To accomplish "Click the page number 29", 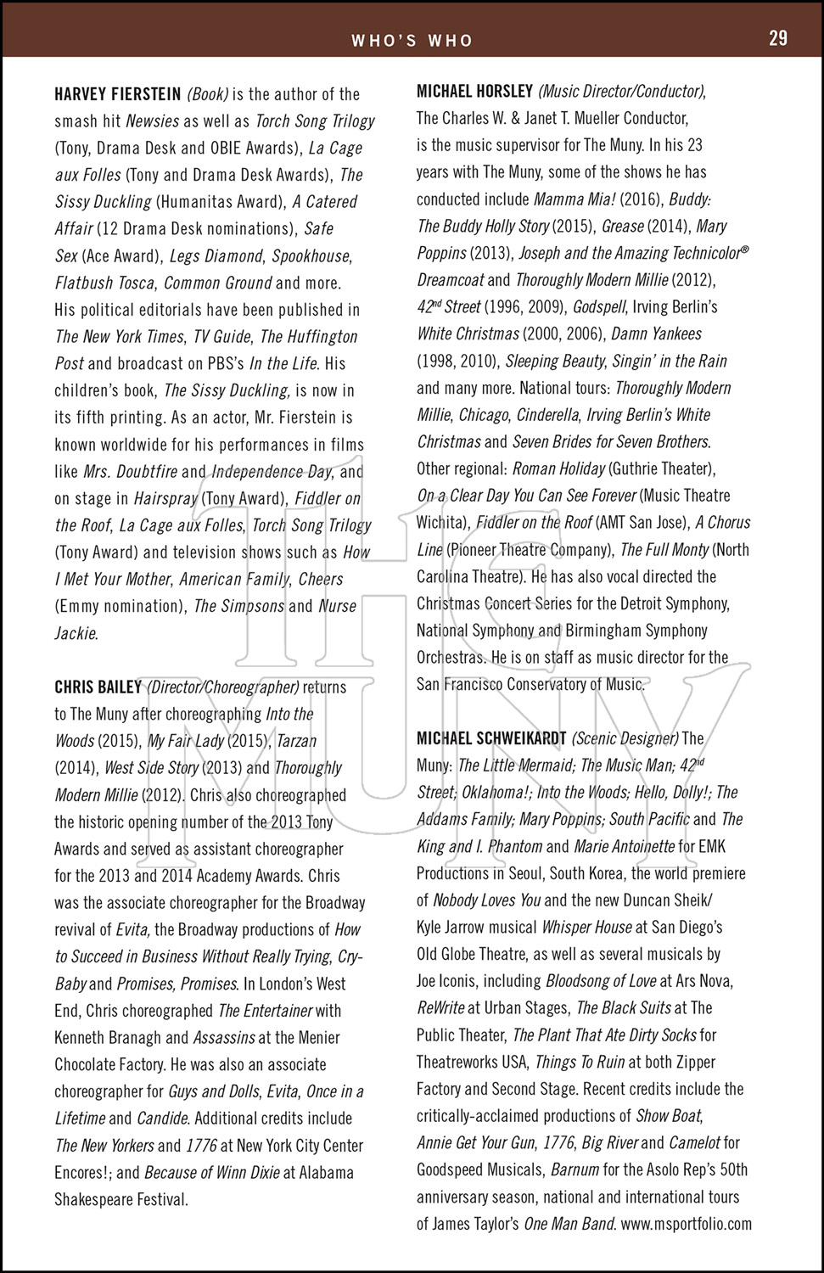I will [x=777, y=38].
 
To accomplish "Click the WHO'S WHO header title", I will [x=412, y=40].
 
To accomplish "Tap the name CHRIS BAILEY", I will [x=98, y=687].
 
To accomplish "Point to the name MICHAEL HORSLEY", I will [x=474, y=91].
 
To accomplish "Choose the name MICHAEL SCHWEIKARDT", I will [x=491, y=738].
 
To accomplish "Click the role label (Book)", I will [x=208, y=94].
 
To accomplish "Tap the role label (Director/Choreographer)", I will [x=223, y=687].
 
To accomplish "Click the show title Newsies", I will [x=152, y=121].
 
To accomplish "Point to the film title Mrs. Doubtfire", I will [x=132, y=472].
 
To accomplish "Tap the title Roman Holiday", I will [x=559, y=469].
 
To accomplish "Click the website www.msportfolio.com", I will [x=687, y=1224].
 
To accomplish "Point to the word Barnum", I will [x=575, y=1169].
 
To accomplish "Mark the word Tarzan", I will [x=296, y=741].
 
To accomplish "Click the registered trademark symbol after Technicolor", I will [x=744, y=251].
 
